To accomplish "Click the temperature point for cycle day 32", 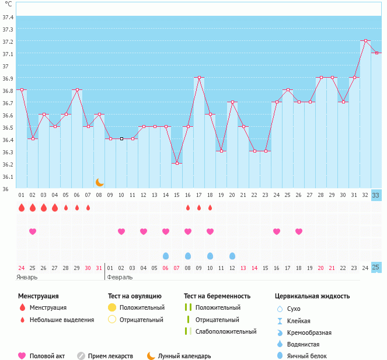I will (365, 41).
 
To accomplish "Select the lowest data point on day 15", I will (177, 164).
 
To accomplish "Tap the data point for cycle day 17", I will (199, 78).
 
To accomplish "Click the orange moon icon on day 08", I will (99, 182).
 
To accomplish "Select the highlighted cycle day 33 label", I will (376, 195).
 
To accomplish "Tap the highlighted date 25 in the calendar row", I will (376, 268).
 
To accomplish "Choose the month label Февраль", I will (119, 277).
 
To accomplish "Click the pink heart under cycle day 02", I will (33, 231).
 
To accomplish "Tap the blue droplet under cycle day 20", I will (232, 256).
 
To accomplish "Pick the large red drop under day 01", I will (22, 207).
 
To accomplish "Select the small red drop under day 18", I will (210, 207).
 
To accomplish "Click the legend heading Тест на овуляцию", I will (134, 296).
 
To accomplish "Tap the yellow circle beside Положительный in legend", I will (112, 307).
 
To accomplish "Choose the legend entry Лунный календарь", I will (184, 356).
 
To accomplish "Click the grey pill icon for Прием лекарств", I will (82, 356).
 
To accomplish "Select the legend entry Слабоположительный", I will (225, 332).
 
